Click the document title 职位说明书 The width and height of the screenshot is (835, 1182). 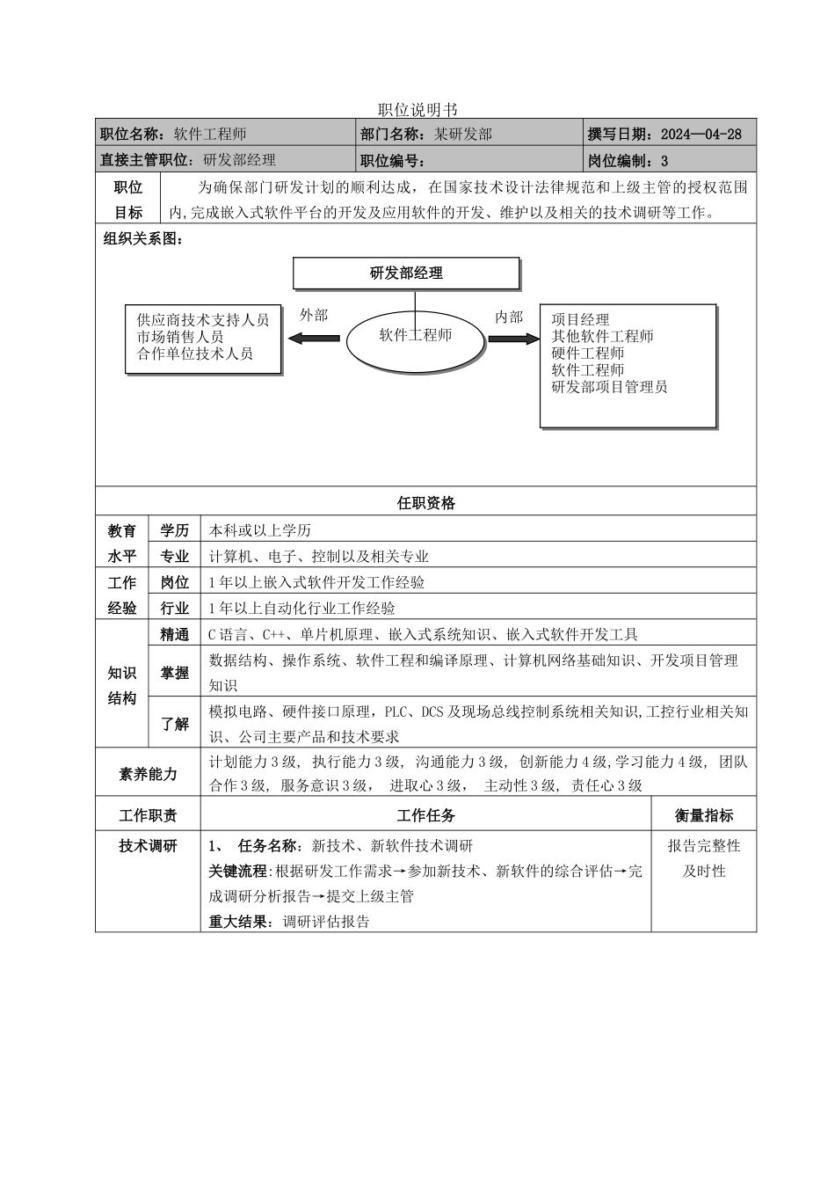417,110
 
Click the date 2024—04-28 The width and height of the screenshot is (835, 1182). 701,135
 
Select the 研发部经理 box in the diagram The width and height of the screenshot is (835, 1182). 406,274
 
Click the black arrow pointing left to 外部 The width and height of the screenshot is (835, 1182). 314,338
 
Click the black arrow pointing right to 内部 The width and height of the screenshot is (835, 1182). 512,338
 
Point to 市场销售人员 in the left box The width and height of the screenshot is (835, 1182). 180,337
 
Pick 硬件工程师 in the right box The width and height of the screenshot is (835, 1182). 588,353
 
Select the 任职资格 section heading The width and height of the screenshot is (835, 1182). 425,503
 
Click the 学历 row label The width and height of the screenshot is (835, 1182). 175,530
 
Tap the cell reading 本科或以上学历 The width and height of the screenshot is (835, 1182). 260,530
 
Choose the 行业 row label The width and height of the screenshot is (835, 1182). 175,608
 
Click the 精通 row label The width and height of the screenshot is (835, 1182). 175,634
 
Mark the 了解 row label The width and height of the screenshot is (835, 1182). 175,724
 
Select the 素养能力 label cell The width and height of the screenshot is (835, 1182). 148,774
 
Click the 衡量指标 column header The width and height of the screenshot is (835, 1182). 703,815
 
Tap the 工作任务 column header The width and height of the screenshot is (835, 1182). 425,815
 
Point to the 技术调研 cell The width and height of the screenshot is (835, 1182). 148,846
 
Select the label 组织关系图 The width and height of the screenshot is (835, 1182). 142,239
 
